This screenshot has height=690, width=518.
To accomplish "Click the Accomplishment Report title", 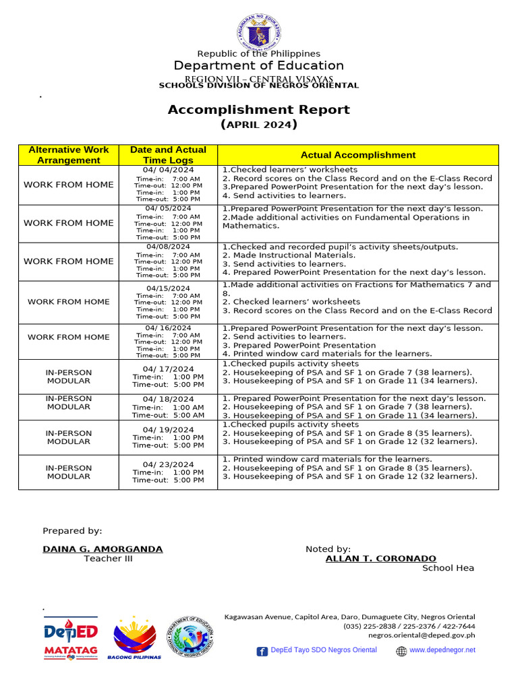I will click(x=259, y=110).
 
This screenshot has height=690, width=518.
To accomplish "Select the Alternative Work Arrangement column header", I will click(x=69, y=155).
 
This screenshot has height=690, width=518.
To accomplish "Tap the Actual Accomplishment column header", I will click(x=358, y=155).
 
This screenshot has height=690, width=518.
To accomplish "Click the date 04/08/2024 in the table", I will click(x=169, y=247).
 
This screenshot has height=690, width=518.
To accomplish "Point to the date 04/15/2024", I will click(x=169, y=288).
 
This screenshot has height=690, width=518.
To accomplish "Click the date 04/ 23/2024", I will click(x=169, y=464).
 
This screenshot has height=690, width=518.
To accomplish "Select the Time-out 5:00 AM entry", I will click(x=168, y=416).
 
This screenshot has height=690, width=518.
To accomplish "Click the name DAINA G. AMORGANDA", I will click(x=103, y=549).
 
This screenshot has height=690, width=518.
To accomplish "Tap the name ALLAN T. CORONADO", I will click(x=380, y=559).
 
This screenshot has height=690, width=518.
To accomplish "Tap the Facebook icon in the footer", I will click(x=262, y=651).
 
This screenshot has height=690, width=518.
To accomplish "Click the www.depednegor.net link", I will click(x=442, y=650).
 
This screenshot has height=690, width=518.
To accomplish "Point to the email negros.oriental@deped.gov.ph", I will click(x=421, y=635).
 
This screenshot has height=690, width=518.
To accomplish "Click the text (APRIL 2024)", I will click(x=259, y=125).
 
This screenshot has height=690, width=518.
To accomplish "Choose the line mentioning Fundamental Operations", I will click(x=346, y=218).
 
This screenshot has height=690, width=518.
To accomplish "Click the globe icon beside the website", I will click(x=401, y=651).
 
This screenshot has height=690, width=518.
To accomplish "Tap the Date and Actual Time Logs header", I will click(x=168, y=155).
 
